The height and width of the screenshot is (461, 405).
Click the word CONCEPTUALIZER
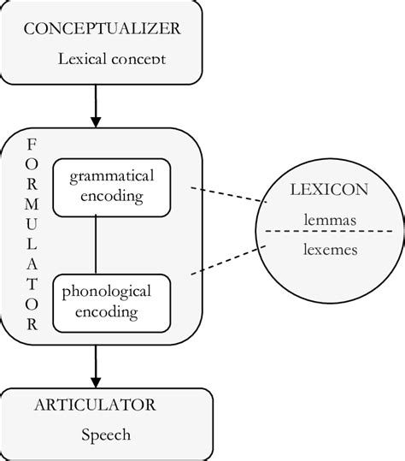click(x=102, y=28)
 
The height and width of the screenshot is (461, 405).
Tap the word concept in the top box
click(x=135, y=60)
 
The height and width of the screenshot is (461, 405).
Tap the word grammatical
click(x=111, y=176)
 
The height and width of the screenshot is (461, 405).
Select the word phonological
click(x=106, y=292)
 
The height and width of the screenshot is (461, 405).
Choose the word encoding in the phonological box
click(x=106, y=312)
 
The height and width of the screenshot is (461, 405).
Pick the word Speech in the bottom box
click(x=106, y=434)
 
